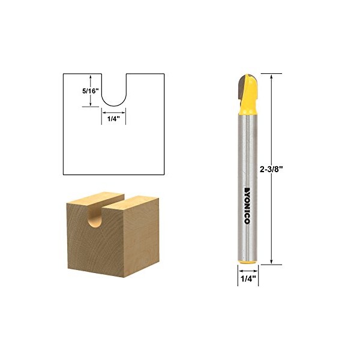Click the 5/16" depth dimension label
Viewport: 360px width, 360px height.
[91, 91]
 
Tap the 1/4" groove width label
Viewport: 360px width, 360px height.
[114, 119]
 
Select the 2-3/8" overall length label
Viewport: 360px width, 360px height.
[271, 170]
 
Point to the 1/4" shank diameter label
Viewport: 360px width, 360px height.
[248, 279]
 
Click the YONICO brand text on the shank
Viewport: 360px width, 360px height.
[247, 206]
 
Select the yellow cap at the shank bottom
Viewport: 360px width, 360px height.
[247, 262]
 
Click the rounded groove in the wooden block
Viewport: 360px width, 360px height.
[95, 216]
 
